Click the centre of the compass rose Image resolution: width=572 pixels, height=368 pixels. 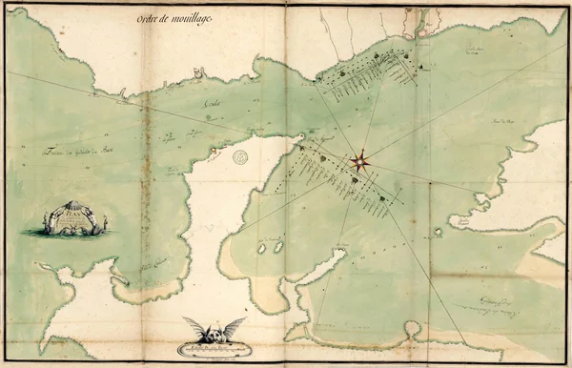tap(361, 161)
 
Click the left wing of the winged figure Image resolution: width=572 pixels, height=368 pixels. tap(197, 327)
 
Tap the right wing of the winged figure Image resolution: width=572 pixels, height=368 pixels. tap(231, 327)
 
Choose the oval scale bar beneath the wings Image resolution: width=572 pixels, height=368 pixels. tap(214, 349)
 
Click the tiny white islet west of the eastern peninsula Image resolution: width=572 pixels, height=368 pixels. tap(439, 232)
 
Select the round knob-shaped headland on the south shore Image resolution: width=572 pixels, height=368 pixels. tap(412, 327)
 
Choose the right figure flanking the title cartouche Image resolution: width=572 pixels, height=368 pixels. tap(104, 224)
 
